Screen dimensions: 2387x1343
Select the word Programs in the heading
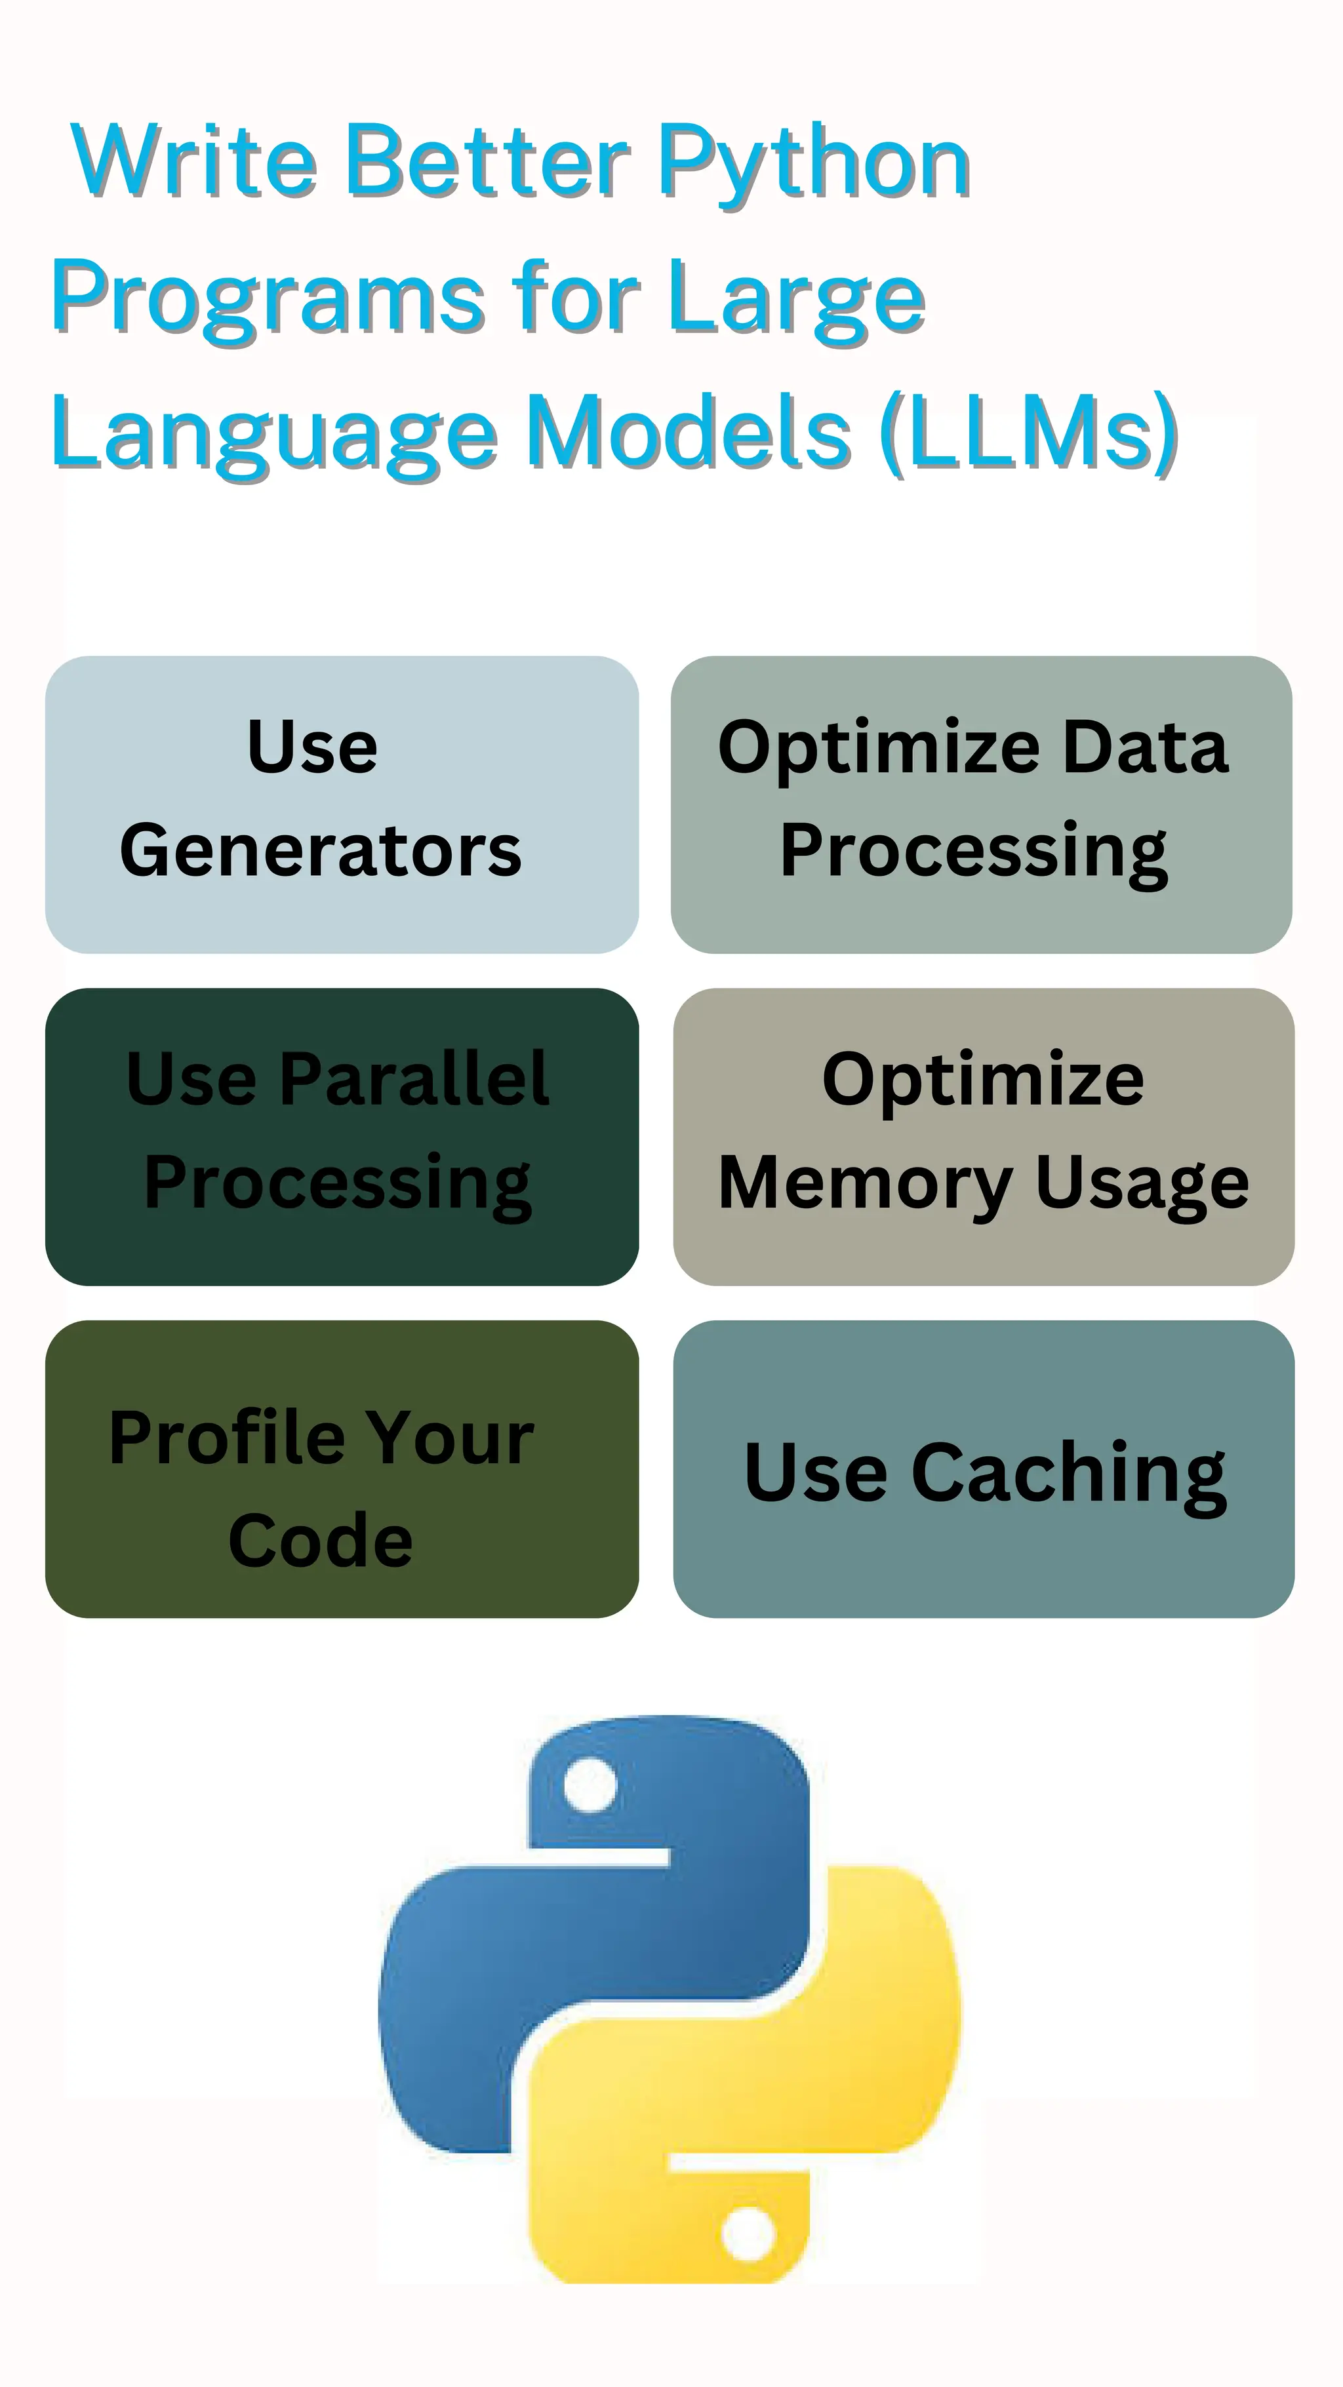pyautogui.click(x=268, y=298)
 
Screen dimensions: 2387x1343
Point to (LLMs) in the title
pyautogui.click(x=1029, y=433)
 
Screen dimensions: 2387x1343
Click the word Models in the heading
pyautogui.click(x=691, y=432)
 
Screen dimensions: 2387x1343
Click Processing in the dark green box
pyautogui.click(x=338, y=1184)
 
